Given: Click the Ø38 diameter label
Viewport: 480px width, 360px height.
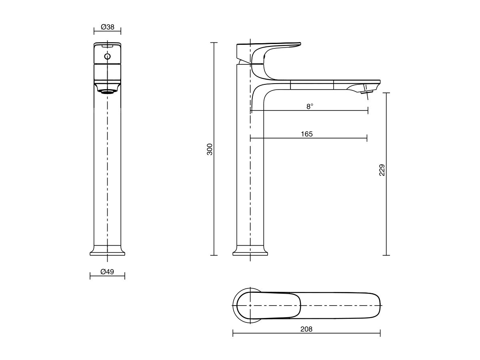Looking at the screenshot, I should tap(108, 27).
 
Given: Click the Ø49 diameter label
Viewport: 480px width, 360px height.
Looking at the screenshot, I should tap(107, 272).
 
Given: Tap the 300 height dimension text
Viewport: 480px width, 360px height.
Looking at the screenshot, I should tap(210, 149).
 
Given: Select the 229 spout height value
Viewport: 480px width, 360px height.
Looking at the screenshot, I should tap(382, 170).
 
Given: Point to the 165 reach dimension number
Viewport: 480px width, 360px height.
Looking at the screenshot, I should tap(307, 134).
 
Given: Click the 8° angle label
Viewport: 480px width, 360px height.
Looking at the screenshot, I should tap(310, 106).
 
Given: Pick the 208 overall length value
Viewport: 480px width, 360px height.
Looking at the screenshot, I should tap(306, 329).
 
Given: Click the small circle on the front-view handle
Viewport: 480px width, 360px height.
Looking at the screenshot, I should tap(107, 56).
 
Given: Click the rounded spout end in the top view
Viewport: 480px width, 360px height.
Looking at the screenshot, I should tap(374, 305).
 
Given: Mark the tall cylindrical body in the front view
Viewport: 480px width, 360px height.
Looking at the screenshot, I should tap(107, 168).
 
